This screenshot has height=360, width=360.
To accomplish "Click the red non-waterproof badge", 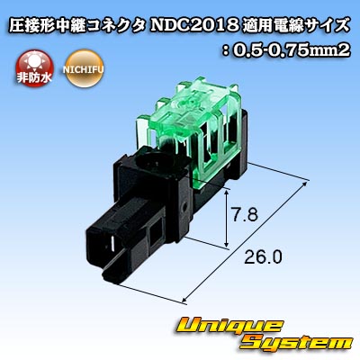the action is click(34, 68).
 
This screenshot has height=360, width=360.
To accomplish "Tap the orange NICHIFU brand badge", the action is click(83, 68).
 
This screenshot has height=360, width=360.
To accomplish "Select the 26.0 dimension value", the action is click(263, 257).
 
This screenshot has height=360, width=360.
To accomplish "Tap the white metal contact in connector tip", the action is click(112, 244).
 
